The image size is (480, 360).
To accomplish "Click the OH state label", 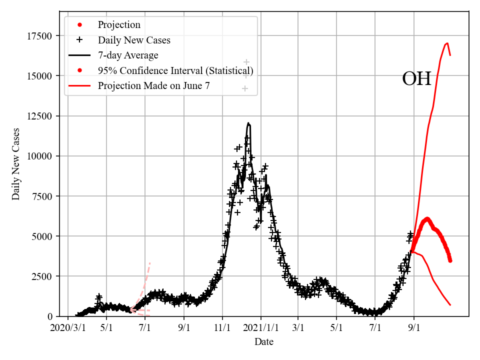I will (x=416, y=79).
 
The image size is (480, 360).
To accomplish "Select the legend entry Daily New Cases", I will (x=134, y=40).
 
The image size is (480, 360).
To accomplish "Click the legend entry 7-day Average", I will (x=128, y=55).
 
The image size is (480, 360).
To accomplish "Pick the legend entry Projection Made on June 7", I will (x=153, y=85).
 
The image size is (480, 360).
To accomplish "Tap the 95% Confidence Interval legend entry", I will (x=175, y=70).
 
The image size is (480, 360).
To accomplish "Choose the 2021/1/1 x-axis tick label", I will (x=260, y=328).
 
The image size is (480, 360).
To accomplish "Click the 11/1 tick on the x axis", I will (x=222, y=328).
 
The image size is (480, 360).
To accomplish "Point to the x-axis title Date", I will (x=263, y=342).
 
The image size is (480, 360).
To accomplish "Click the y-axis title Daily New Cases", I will (x=16, y=164).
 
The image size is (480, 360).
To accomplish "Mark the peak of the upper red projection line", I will (x=447, y=43).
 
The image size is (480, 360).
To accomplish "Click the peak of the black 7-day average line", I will (x=248, y=123).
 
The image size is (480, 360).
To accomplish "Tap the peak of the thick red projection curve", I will (x=427, y=218).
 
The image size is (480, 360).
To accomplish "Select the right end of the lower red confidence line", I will (x=450, y=305).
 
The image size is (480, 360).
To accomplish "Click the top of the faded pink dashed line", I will (x=150, y=262).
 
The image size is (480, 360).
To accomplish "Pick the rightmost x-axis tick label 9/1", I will (x=414, y=328).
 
